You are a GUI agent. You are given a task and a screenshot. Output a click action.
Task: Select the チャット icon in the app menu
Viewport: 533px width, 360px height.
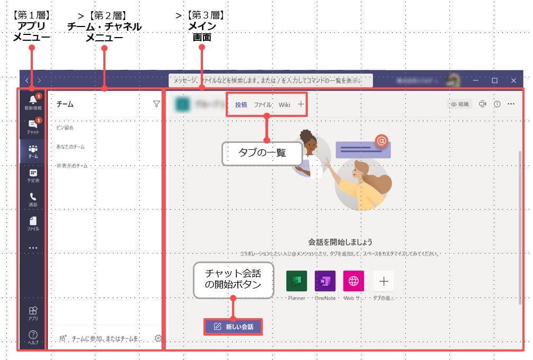(x=33, y=124)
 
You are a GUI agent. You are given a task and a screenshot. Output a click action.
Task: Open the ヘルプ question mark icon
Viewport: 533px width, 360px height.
(x=33, y=335)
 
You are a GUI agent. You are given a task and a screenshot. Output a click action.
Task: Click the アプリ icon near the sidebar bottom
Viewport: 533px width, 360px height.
(x=33, y=311)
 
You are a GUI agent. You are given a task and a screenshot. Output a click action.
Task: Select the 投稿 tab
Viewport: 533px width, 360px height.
(x=241, y=104)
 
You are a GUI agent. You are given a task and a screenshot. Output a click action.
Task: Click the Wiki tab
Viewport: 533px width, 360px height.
(x=285, y=104)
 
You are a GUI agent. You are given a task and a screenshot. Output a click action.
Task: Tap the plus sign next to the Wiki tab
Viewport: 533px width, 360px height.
(x=301, y=104)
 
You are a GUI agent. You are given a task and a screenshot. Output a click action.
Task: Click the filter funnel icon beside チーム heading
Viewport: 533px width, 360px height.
(x=156, y=104)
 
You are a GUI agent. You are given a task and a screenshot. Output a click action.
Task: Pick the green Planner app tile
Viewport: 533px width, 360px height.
(x=297, y=281)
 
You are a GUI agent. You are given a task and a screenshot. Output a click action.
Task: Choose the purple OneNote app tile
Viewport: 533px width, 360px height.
(x=325, y=281)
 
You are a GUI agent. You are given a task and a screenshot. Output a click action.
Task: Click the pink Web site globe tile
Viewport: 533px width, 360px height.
(x=354, y=281)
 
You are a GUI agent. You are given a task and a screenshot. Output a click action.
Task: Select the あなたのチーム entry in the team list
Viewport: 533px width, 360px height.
(x=70, y=147)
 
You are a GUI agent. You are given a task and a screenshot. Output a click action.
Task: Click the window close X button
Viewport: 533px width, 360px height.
(x=513, y=80)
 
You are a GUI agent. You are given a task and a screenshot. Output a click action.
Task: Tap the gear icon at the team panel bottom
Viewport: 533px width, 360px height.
(x=158, y=338)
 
